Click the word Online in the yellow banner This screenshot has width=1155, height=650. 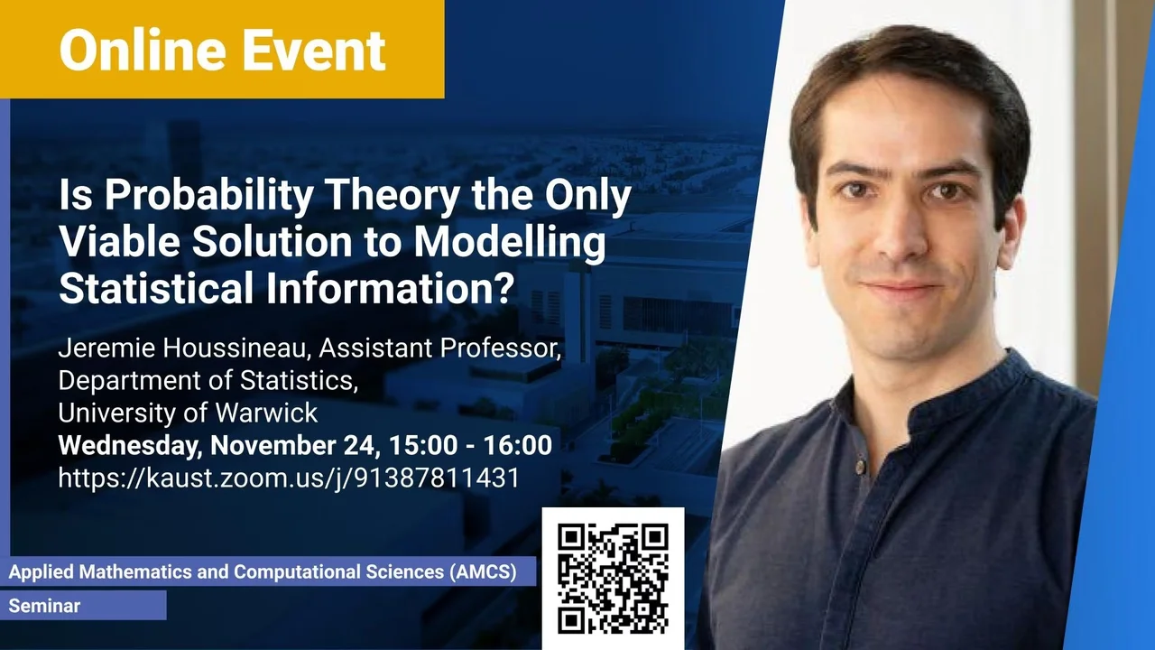(143, 50)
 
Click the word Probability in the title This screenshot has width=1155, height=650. (208, 196)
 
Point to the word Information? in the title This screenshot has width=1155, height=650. (391, 288)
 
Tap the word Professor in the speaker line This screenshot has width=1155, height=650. (500, 348)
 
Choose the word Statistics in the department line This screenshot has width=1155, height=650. (299, 381)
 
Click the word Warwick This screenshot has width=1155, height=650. (266, 413)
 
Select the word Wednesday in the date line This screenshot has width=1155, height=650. (130, 446)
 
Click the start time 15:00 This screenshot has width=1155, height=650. (423, 445)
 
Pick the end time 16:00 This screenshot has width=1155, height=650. (518, 445)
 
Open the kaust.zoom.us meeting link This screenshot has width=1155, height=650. (289, 478)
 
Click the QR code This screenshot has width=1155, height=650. (613, 579)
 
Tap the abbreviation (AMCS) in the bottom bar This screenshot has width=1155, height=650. (483, 572)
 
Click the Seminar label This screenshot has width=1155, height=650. (44, 606)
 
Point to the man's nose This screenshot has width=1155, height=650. (896, 232)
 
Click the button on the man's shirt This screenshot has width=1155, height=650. (860, 467)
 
